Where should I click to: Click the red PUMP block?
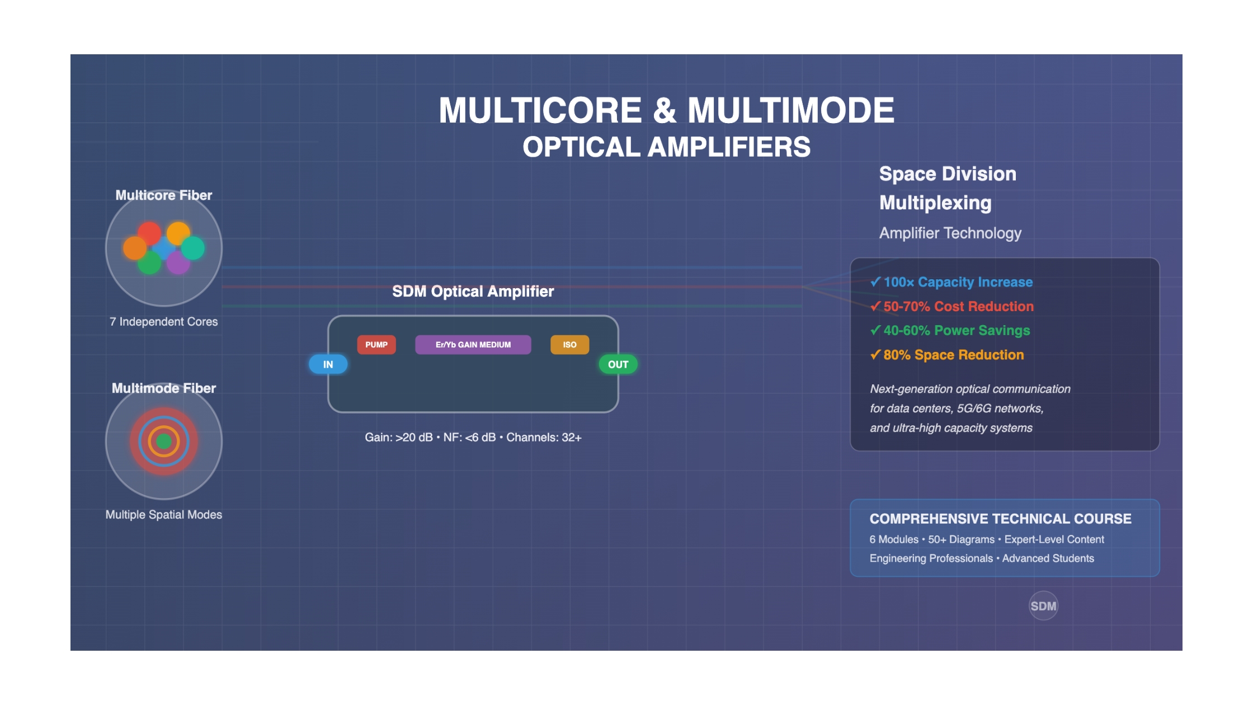click(x=376, y=345)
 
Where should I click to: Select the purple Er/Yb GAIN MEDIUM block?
click(x=473, y=345)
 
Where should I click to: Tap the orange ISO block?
click(x=569, y=345)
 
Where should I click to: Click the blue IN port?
click(x=328, y=364)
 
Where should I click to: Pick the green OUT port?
click(x=618, y=364)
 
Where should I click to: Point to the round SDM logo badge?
click(x=1043, y=606)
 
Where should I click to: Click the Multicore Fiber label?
click(x=163, y=195)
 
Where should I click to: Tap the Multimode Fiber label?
click(x=163, y=388)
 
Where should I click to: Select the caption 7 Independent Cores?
click(x=163, y=322)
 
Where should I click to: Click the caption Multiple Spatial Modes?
click(x=163, y=515)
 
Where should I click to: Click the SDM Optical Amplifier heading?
click(x=473, y=292)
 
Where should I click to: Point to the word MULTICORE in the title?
click(x=540, y=110)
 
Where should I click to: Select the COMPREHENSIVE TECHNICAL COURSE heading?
click(x=1000, y=519)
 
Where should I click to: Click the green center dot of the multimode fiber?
click(x=164, y=441)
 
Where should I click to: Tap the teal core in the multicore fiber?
click(x=193, y=248)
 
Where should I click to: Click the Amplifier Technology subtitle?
click(x=950, y=233)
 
